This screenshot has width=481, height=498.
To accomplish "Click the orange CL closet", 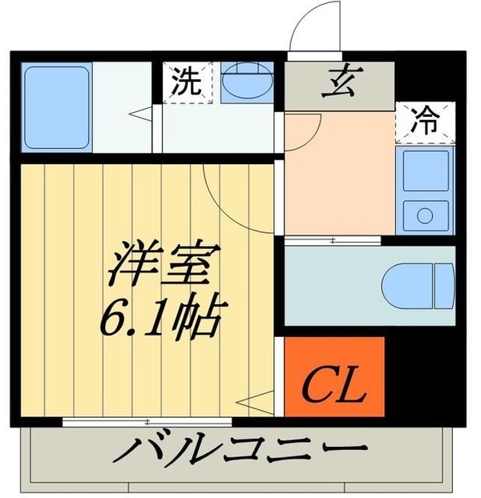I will pyautogui.click(x=334, y=376).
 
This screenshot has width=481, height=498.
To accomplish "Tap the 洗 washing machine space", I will pyautogui.click(x=186, y=81).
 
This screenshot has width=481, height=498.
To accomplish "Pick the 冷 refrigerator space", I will pyautogui.click(x=425, y=122).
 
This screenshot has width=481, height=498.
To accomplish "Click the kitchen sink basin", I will pyautogui.click(x=424, y=173).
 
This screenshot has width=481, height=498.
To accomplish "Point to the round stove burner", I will pyautogui.click(x=424, y=215).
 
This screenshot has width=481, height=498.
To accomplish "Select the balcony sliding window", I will pyautogui.click(x=149, y=420).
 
